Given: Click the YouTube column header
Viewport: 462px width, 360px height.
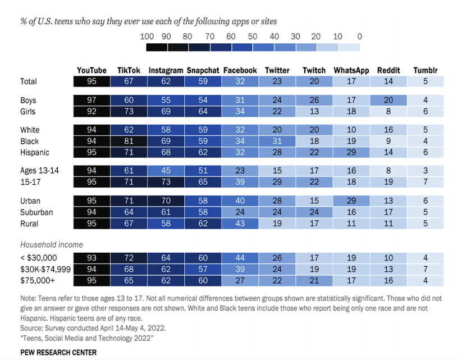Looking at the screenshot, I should click(92, 70).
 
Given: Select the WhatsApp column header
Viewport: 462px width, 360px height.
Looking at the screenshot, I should click(351, 70).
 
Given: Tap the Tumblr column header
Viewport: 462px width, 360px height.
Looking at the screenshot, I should click(425, 70).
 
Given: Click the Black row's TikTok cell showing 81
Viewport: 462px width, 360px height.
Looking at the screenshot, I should click(129, 142).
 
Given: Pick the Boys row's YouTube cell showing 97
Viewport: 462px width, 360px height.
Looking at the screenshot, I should click(92, 101).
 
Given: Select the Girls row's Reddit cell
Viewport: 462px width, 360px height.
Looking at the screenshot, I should click(388, 111).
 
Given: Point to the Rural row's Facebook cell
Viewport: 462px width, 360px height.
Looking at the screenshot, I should click(240, 223).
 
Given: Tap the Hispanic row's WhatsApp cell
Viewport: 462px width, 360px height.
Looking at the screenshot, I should click(351, 152).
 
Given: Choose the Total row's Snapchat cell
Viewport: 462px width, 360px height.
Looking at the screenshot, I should click(203, 81).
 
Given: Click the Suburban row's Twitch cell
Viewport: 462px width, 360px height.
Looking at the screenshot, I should click(314, 212).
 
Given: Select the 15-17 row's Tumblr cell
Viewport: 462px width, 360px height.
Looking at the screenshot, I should click(425, 182).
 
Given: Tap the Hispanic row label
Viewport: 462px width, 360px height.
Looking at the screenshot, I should click(35, 152).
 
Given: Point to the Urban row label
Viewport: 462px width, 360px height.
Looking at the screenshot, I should click(30, 201).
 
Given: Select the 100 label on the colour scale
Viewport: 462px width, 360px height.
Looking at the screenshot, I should click(147, 37).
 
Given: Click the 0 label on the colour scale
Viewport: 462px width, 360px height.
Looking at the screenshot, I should click(359, 37).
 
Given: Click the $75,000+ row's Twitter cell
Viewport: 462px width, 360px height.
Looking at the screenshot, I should click(277, 280).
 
